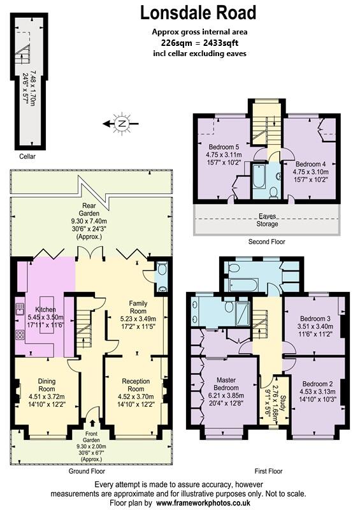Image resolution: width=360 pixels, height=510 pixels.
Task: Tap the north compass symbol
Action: tap(119, 124)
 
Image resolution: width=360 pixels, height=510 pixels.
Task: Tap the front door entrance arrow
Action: tap(94, 421)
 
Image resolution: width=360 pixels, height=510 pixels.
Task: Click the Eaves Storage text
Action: tap(268, 220)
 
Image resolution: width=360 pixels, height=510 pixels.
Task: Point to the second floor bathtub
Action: tap(259, 177)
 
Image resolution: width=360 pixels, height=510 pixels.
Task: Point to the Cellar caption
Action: tap(27, 156)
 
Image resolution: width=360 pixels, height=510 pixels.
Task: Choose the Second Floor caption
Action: tap(266, 242)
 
